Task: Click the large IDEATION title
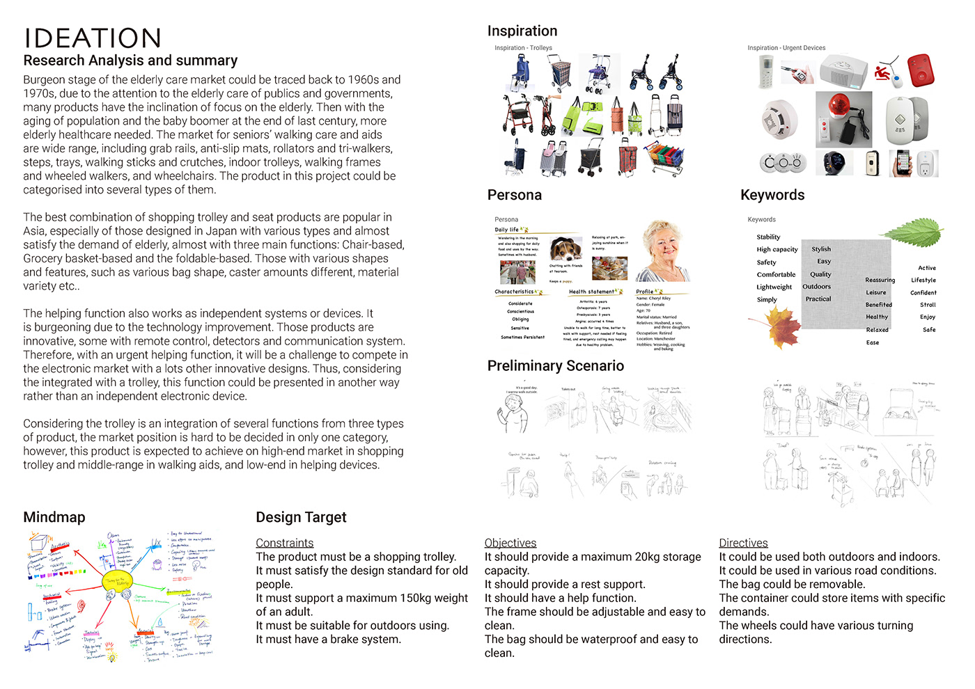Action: click(93, 38)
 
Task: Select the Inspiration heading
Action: click(522, 31)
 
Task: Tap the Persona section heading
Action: click(515, 195)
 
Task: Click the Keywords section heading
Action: click(772, 195)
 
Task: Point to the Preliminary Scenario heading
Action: click(555, 365)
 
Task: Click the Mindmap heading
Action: click(54, 517)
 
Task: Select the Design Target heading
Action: click(301, 517)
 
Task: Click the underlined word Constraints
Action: click(284, 543)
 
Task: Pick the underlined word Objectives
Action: click(510, 543)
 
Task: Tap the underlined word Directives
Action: click(743, 543)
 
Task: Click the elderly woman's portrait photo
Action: click(664, 251)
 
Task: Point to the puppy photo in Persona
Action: click(565, 248)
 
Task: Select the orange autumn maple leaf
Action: click(779, 326)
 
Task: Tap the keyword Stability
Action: click(768, 237)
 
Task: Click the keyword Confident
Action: click(923, 293)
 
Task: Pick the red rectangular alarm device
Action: click(921, 70)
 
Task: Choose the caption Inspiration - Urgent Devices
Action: click(786, 48)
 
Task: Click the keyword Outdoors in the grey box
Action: click(816, 287)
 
